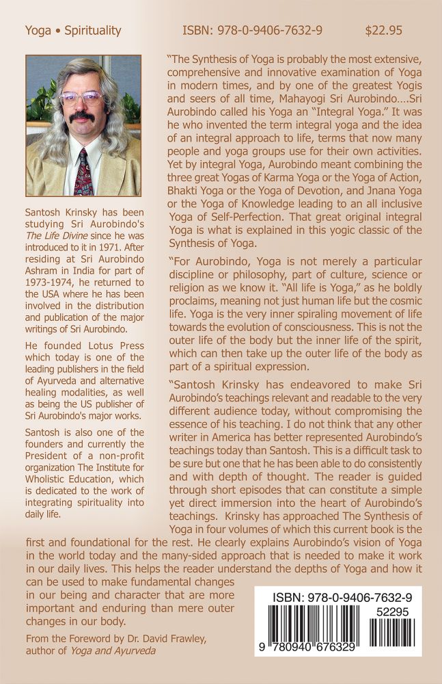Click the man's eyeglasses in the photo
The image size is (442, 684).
(x=82, y=98)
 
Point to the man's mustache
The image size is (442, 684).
(x=82, y=117)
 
